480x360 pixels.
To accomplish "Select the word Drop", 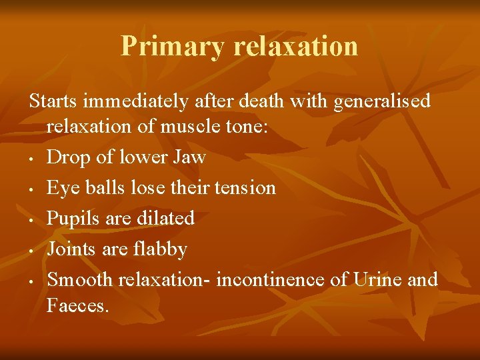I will coord(68,158).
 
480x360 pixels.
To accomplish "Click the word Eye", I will coord(61,189).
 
